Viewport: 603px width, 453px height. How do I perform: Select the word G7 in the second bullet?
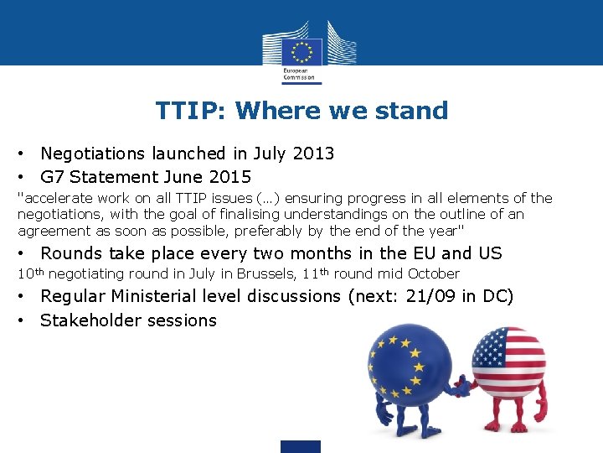(52, 177)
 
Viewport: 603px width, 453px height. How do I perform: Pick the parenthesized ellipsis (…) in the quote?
(266, 199)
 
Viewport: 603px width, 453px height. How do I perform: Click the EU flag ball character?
(408, 369)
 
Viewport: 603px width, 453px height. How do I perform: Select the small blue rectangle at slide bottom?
(300, 446)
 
